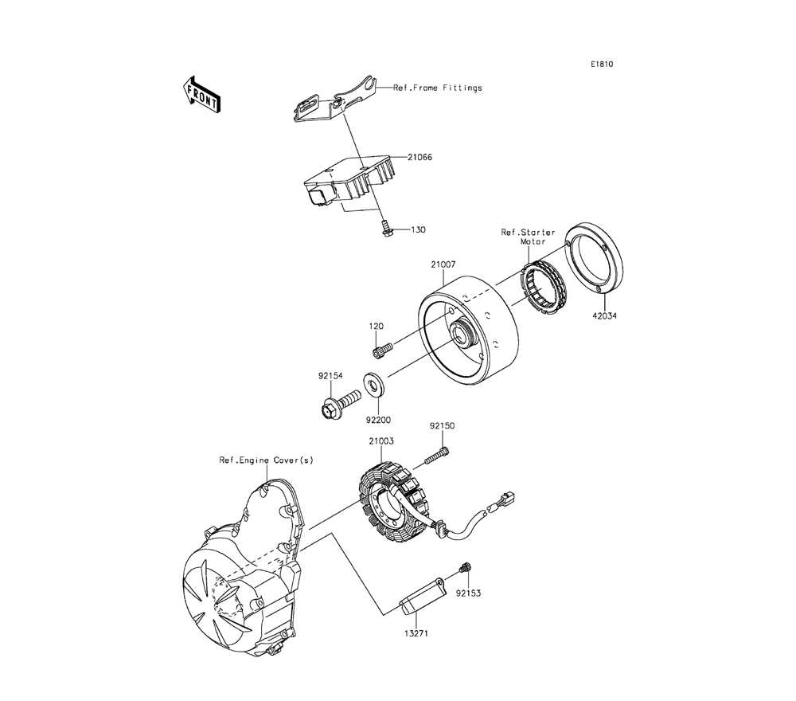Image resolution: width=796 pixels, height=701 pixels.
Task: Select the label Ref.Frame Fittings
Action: click(x=438, y=88)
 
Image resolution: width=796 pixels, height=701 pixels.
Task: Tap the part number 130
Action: click(x=419, y=229)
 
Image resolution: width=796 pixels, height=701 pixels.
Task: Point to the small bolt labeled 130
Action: click(x=386, y=229)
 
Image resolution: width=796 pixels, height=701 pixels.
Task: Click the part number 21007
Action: click(x=445, y=264)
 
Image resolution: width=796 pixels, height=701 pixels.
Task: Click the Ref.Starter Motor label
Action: click(x=529, y=237)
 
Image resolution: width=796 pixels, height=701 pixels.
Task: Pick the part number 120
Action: click(x=377, y=327)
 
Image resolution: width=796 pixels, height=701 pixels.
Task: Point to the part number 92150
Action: click(x=443, y=426)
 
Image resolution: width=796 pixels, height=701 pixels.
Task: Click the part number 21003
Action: click(x=381, y=441)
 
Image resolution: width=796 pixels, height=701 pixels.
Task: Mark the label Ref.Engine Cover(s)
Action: click(x=256, y=460)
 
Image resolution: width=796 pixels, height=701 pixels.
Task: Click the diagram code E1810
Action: click(x=602, y=65)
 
